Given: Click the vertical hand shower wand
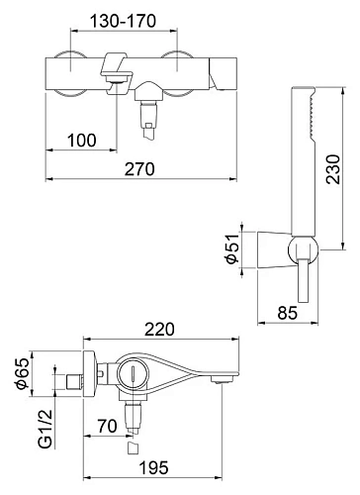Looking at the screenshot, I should pos(309,148).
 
